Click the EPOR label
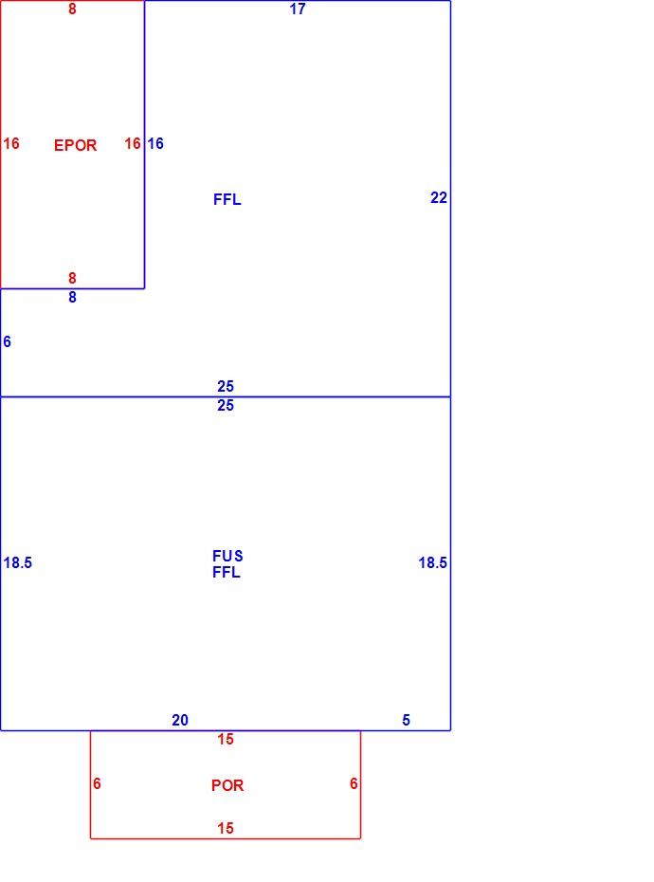click(76, 145)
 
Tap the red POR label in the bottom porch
click(227, 785)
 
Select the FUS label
click(227, 556)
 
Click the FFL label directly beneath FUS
click(227, 572)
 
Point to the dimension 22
click(439, 197)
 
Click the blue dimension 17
click(298, 9)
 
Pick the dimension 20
click(180, 720)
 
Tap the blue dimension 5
click(406, 720)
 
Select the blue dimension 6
click(7, 341)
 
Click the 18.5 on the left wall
click(17, 562)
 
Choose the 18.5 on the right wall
click(432, 562)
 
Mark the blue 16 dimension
click(155, 143)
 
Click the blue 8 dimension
click(72, 297)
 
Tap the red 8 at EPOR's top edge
click(72, 9)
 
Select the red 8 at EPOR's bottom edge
click(72, 278)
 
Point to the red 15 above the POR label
click(226, 739)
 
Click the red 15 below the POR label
click(226, 828)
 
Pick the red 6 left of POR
click(97, 783)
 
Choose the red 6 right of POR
click(354, 783)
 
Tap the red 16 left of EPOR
click(11, 143)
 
